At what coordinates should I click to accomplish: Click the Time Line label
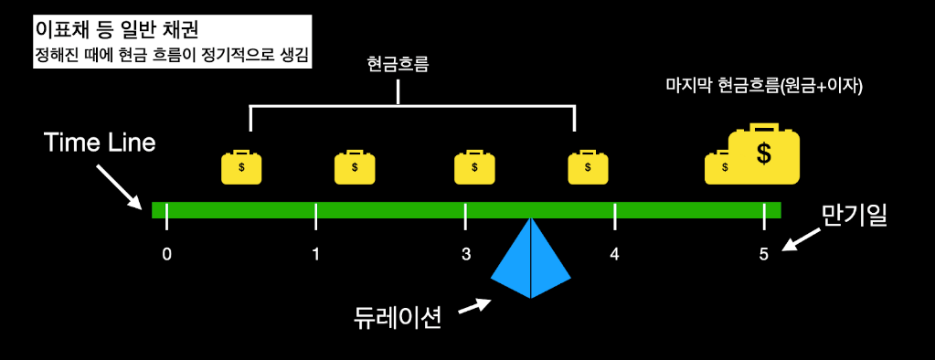pyautogui.click(x=101, y=143)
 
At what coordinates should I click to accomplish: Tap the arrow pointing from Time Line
pyautogui.click(x=119, y=185)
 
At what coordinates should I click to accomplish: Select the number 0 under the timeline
pyautogui.click(x=166, y=253)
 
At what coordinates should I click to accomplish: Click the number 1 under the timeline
pyautogui.click(x=315, y=253)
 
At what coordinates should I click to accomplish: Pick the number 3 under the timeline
pyautogui.click(x=465, y=253)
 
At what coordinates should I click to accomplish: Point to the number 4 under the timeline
pyautogui.click(x=614, y=253)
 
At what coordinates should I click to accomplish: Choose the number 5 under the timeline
pyautogui.click(x=763, y=253)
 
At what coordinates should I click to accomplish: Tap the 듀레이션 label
pyautogui.click(x=398, y=317)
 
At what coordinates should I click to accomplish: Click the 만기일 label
pyautogui.click(x=854, y=217)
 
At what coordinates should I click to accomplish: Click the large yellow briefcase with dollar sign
pyautogui.click(x=763, y=154)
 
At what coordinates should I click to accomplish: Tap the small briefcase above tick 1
pyautogui.click(x=355, y=166)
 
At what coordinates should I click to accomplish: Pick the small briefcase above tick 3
pyautogui.click(x=475, y=166)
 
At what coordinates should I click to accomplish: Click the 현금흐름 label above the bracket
pyautogui.click(x=398, y=65)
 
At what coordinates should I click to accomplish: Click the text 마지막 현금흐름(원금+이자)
pyautogui.click(x=765, y=87)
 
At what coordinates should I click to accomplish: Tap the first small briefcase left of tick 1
pyautogui.click(x=241, y=166)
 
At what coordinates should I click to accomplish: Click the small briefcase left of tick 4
pyautogui.click(x=588, y=166)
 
